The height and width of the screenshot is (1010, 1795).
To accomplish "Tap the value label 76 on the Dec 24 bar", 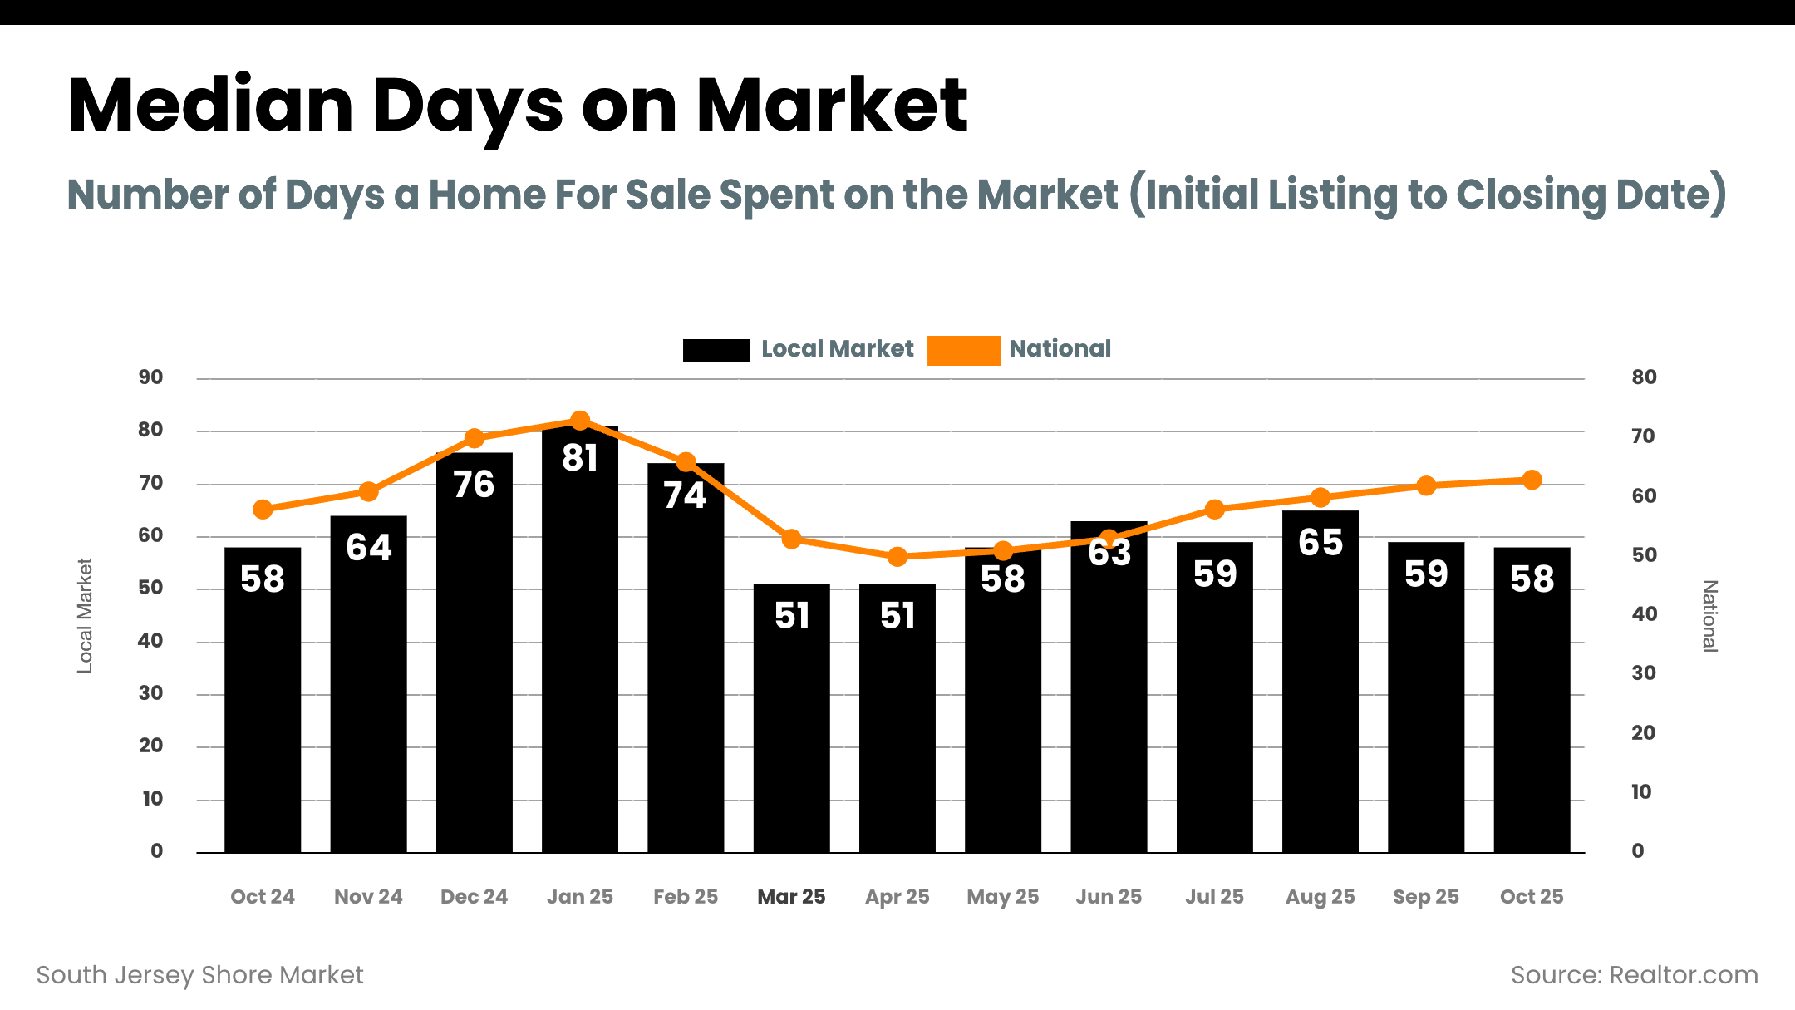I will pos(474,485).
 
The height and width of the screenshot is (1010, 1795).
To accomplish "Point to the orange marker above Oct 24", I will pos(263,509).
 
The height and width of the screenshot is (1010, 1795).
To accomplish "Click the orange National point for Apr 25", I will pos(897,556).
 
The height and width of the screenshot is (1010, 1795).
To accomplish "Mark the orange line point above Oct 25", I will pos(1532,480).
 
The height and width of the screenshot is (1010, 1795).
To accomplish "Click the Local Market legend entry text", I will pos(837,348).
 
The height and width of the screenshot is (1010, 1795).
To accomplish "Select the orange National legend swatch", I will pos(963,350).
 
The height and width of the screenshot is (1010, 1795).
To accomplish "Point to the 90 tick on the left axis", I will pos(150,377).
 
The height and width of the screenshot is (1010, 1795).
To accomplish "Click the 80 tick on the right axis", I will pos(1644,377).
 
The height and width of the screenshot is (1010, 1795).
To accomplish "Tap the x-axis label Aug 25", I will pos(1320,896).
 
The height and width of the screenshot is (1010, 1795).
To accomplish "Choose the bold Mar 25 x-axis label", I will pos(791,896).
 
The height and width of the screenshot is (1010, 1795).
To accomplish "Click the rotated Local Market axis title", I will pos(85,615).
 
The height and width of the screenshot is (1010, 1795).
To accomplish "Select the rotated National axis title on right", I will pos(1709,615).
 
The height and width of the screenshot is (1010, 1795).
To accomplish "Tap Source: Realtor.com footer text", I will pos(1634,974).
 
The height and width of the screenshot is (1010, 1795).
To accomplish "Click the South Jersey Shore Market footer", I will pos(199,974).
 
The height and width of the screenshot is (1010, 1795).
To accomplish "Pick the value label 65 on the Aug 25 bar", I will pos(1320,542).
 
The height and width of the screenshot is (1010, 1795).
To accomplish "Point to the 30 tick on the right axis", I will pos(1643,673).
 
